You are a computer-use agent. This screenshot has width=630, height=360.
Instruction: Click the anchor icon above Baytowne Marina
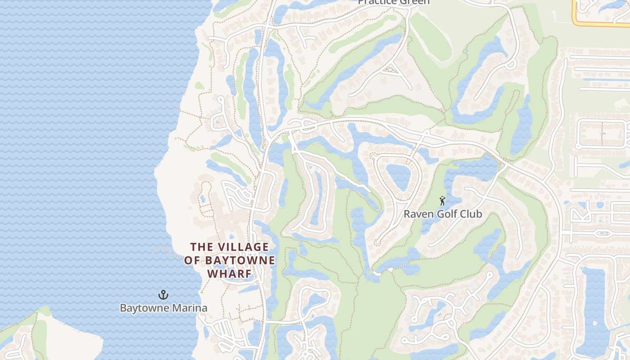[163, 295]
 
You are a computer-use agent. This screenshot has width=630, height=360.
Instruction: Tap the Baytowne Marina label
[163, 308]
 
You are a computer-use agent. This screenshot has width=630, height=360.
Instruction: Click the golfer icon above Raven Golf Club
[442, 201]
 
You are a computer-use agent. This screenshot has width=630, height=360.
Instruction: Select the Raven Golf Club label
[442, 214]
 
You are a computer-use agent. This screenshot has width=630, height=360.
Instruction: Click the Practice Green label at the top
[394, 2]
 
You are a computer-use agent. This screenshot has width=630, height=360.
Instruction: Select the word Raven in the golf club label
[416, 214]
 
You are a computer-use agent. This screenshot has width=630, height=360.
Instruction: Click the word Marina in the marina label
[190, 308]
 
